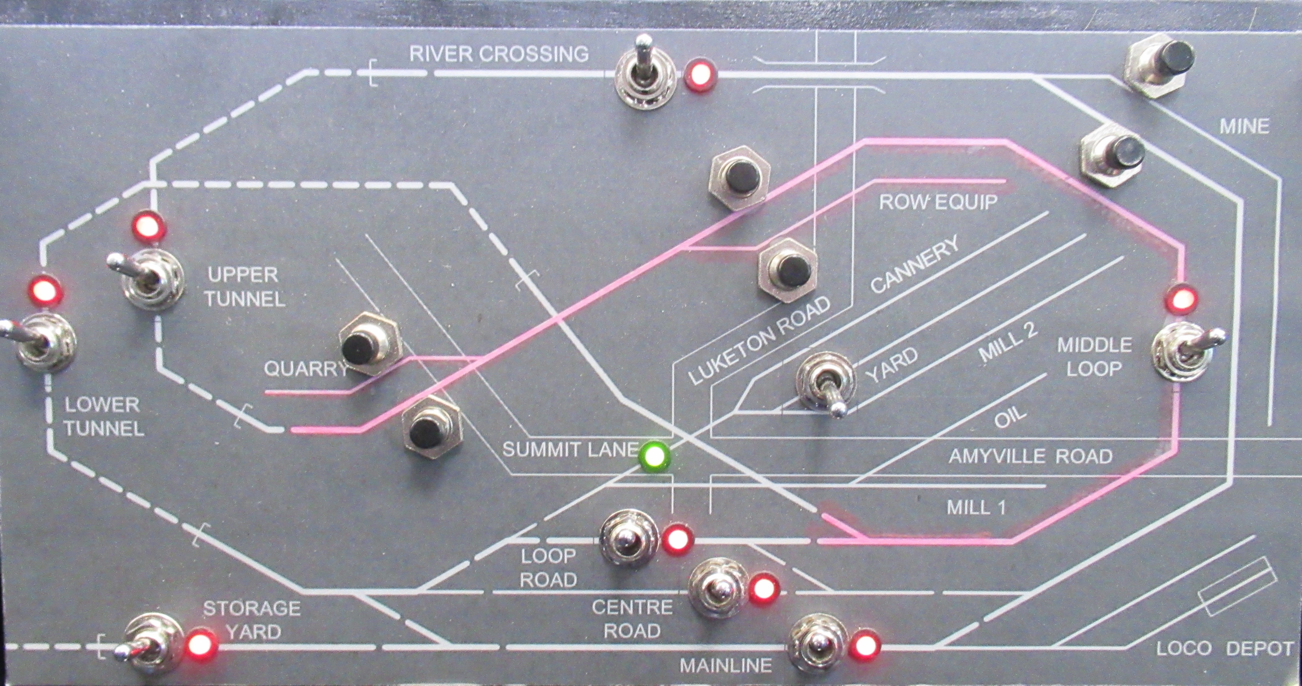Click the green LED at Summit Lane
pyautogui.click(x=654, y=457)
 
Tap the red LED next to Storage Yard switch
pyautogui.click(x=201, y=644)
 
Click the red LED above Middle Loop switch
pyautogui.click(x=1181, y=301)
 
